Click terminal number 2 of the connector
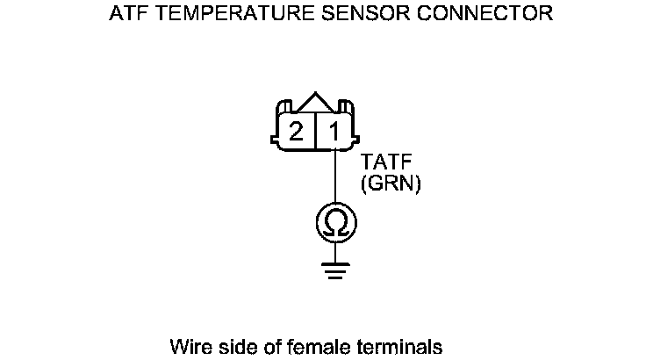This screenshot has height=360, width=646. (x=297, y=132)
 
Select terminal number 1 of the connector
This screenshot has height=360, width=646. (x=334, y=132)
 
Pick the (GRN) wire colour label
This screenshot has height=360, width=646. (x=391, y=184)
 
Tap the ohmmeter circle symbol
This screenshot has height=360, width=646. (x=335, y=225)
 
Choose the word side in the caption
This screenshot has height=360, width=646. (x=233, y=345)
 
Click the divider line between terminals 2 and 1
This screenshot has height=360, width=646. (x=315, y=131)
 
